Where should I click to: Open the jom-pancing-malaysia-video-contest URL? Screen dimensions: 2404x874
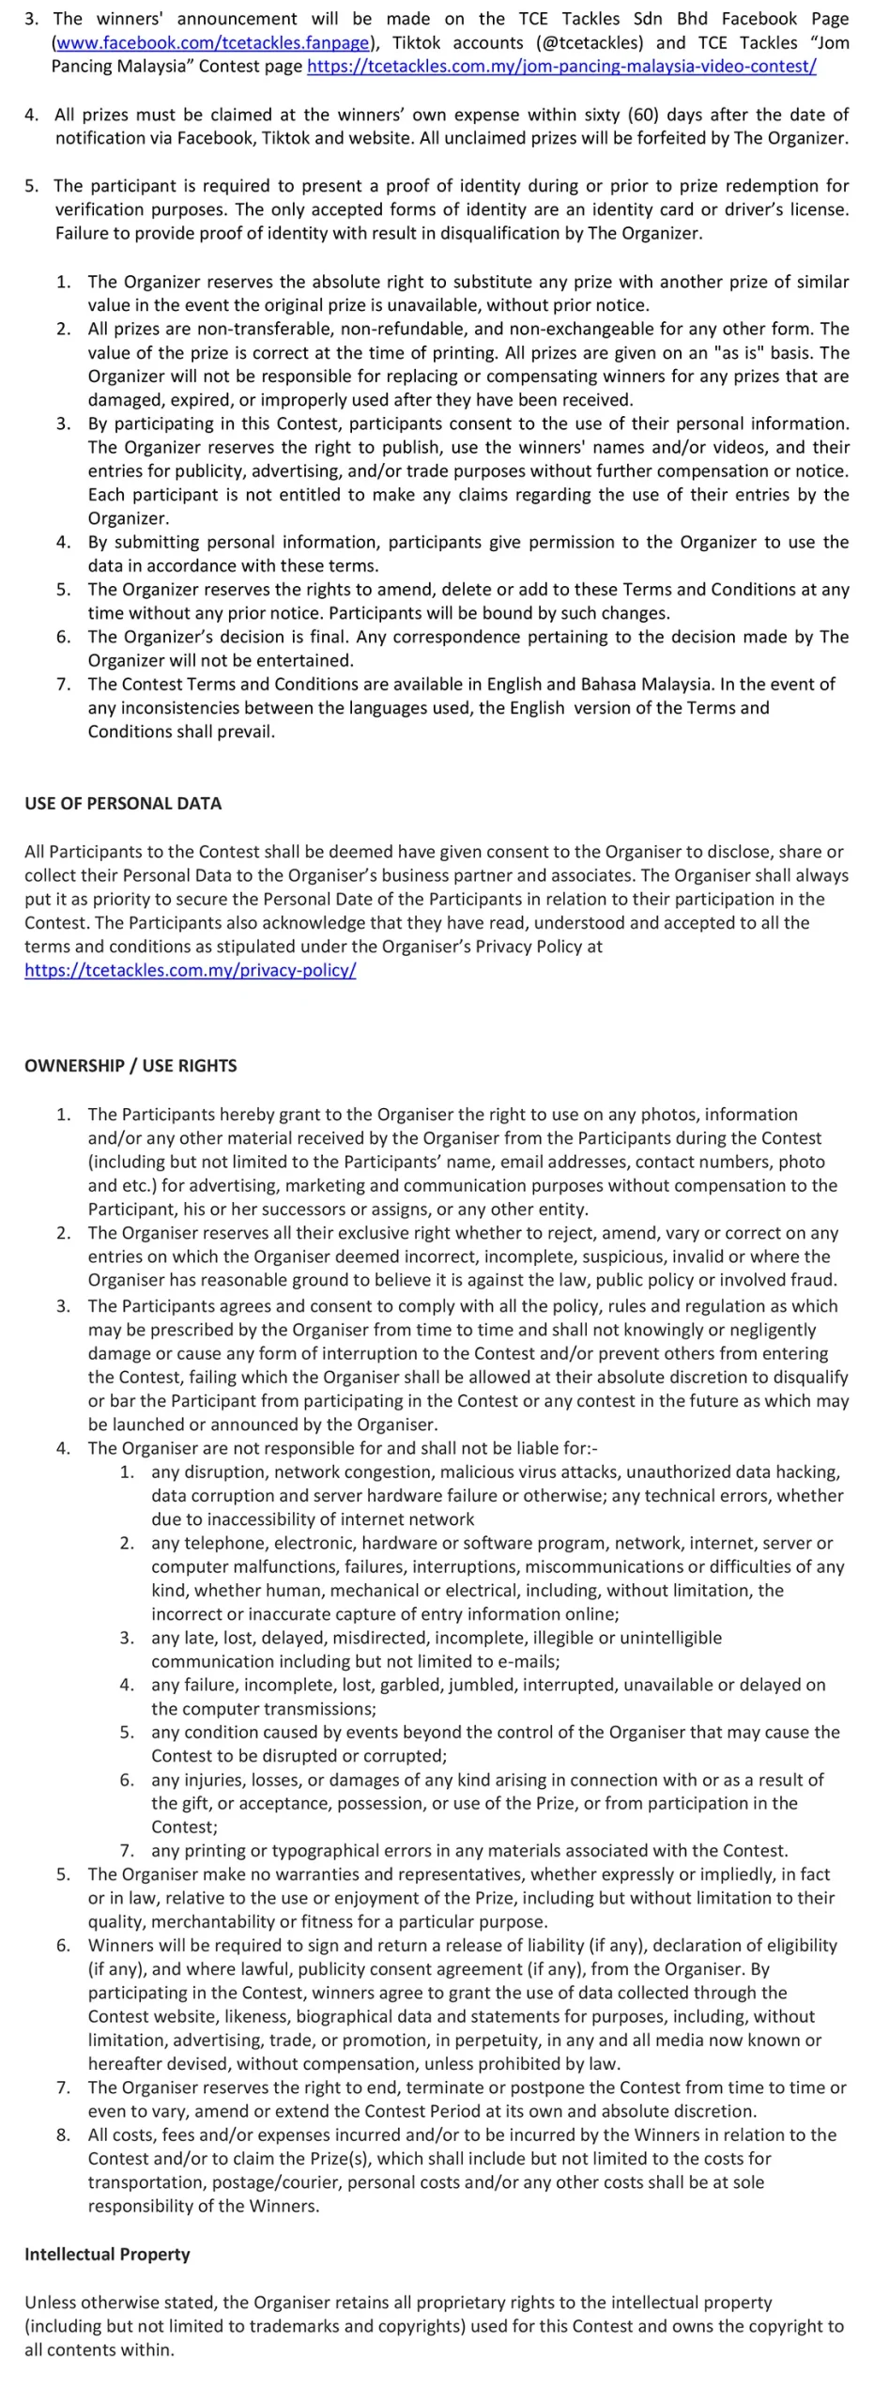pos(561,67)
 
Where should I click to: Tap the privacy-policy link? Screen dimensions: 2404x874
pos(191,970)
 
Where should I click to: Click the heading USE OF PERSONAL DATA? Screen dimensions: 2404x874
pos(123,804)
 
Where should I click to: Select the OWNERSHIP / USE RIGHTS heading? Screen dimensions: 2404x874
pos(130,1066)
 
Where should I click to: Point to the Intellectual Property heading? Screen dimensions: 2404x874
pos(107,2254)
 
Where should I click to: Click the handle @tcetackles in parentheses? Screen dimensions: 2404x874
pos(593,43)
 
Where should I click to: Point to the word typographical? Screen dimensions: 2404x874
pos(324,1850)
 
